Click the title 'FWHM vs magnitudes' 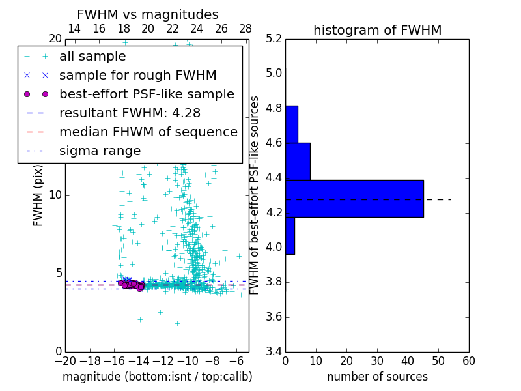[x=147, y=14]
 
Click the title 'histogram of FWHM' [x=377, y=30]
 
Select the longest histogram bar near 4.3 [x=354, y=198]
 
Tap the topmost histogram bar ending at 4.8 [x=291, y=124]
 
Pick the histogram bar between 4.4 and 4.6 [x=298, y=161]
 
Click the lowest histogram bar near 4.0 [x=290, y=235]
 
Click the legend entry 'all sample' [x=92, y=57]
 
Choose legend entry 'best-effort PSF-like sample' [x=147, y=94]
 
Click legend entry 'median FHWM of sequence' [x=148, y=132]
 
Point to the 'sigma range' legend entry [x=100, y=151]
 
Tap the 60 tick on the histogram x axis [x=468, y=361]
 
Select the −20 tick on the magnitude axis [x=65, y=361]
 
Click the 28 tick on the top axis [x=246, y=29]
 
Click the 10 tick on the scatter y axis [x=56, y=195]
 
